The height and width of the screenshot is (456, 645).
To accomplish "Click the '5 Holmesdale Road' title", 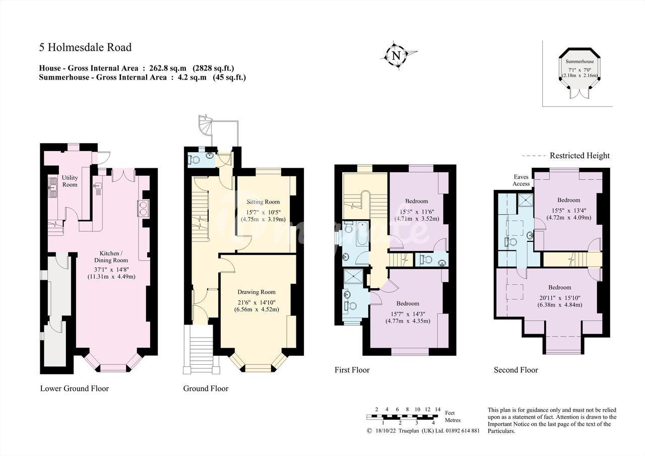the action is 85,47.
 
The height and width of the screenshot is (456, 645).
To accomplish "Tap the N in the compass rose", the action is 397,55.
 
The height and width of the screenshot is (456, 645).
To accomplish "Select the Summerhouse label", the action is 579,61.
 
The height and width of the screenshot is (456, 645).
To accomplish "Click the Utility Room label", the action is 70,181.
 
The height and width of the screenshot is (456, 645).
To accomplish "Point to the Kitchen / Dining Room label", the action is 111,257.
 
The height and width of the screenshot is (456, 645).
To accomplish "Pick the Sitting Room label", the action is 263,202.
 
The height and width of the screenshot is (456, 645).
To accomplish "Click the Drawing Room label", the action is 256,292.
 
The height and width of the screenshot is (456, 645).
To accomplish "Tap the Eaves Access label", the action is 521,180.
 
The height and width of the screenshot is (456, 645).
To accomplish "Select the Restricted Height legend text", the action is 579,156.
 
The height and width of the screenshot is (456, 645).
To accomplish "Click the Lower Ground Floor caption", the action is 74,388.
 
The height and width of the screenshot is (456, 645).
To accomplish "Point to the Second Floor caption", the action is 515,370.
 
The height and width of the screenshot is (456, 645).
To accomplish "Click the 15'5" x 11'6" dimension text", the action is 417,212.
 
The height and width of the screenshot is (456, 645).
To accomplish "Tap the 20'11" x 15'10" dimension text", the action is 560,298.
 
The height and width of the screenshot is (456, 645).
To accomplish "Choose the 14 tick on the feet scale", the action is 438,409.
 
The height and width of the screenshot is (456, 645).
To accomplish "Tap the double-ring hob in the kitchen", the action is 143,208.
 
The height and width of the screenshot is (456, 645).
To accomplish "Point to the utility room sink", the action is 53,187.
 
